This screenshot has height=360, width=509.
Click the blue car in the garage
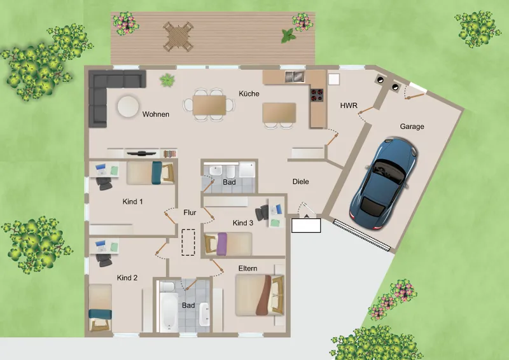click(383, 183)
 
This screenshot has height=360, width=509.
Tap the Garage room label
click(412, 127)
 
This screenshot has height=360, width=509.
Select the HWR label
click(349, 106)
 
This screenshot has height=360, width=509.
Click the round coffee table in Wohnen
click(128, 106)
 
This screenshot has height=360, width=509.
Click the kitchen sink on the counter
click(295, 76)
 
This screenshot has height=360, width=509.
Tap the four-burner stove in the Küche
click(317, 95)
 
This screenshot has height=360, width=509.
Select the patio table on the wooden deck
click(178, 36)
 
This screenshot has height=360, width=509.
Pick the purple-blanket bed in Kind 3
click(228, 244)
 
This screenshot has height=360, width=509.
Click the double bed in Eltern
click(260, 295)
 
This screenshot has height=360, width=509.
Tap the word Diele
click(300, 181)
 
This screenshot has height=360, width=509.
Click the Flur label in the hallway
click(190, 212)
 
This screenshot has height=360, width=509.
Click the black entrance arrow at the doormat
click(306, 216)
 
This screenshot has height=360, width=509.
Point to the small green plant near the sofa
click(167, 80)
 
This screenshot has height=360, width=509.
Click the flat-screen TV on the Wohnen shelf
click(141, 153)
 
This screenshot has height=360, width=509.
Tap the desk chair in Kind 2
click(104, 260)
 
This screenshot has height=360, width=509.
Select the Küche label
click(249, 93)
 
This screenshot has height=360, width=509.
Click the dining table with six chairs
click(209, 105)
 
